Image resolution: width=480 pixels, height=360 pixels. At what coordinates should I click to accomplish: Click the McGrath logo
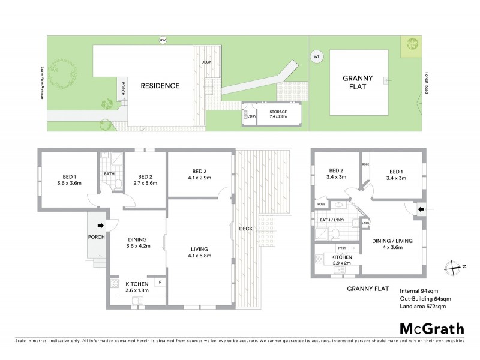[x=431, y=328]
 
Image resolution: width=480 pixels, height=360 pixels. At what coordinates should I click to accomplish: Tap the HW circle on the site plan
[x=161, y=41]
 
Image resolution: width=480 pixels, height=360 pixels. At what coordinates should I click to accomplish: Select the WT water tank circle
[x=316, y=57]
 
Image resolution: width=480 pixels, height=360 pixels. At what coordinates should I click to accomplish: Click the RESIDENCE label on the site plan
[x=160, y=86]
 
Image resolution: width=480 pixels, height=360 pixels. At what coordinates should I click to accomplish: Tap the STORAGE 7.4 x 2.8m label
[x=278, y=114]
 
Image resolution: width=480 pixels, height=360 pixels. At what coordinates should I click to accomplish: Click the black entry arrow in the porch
[x=100, y=226]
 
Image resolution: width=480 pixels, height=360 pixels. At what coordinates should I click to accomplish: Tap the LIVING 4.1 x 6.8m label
[x=199, y=252]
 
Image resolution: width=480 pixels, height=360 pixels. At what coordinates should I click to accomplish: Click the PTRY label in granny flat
[x=342, y=248]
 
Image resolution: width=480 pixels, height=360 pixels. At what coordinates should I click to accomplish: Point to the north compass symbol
[x=456, y=266]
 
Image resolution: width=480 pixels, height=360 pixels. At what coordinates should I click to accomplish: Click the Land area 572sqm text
[x=423, y=307]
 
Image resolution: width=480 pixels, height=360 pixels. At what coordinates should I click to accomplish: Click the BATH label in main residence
[x=109, y=175]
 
